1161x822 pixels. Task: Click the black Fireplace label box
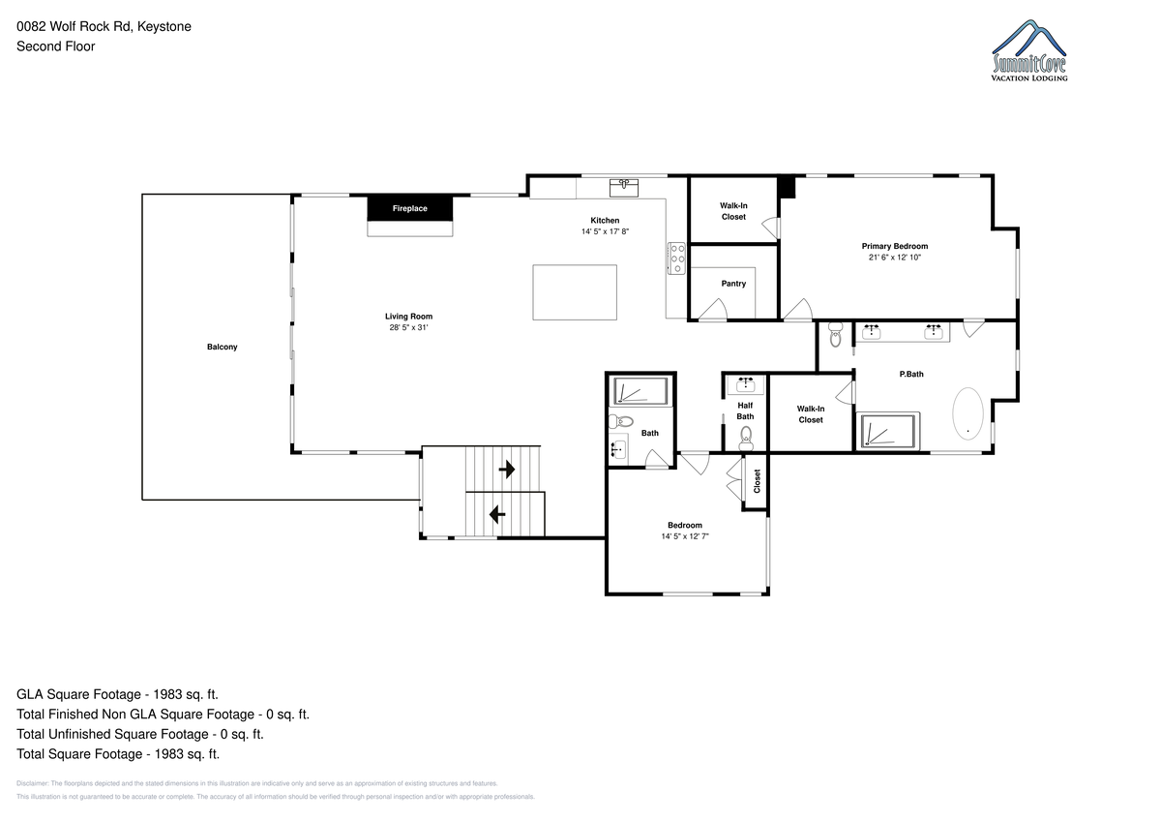410,208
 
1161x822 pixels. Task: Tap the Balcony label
222,347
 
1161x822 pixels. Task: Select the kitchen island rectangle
575,292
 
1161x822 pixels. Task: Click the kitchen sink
623,188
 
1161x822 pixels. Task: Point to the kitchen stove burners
676,259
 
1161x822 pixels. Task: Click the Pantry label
733,284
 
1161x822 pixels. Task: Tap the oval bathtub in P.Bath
967,413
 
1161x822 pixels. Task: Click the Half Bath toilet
746,439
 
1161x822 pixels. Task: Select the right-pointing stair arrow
506,470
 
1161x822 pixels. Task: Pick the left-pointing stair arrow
497,514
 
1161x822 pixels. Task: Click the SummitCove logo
1029,50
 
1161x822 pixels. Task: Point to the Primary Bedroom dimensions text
895,258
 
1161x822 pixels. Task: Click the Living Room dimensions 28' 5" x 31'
408,327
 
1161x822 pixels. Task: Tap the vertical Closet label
757,481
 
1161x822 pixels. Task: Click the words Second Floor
56,46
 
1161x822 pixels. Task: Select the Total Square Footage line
118,754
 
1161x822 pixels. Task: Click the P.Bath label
911,374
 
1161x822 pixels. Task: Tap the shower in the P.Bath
888,430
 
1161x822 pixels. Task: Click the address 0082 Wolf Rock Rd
74,26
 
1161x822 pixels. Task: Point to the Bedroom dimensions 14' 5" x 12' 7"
685,536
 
